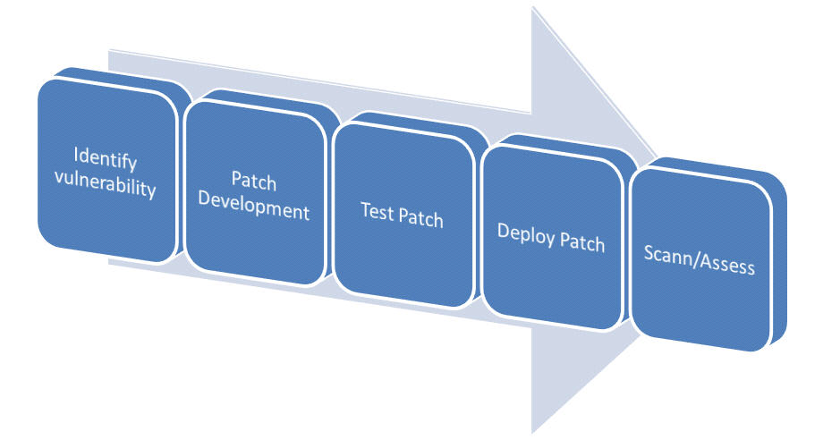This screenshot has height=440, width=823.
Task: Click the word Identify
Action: pyautogui.click(x=106, y=163)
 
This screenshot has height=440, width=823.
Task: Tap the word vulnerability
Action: pyautogui.click(x=106, y=189)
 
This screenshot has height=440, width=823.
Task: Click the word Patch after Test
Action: pyautogui.click(x=420, y=218)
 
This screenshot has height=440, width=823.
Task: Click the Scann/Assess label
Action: pyautogui.click(x=700, y=266)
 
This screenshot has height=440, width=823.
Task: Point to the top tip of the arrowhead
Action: pyautogui.click(x=533, y=9)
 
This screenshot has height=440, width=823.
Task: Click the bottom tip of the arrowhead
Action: pyautogui.click(x=533, y=431)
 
